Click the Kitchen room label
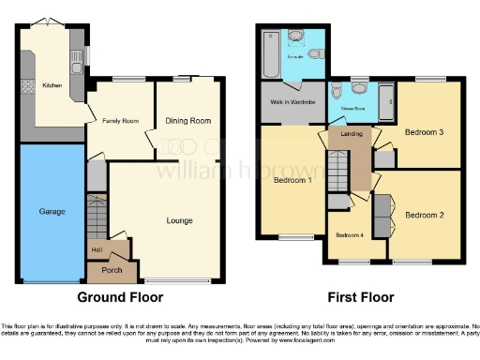pyautogui.click(x=52, y=85)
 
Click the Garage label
pyautogui.click(x=52, y=212)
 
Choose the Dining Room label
pyautogui.click(x=188, y=121)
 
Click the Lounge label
pyautogui.click(x=179, y=221)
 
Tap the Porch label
pyautogui.click(x=111, y=271)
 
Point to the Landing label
pyautogui.click(x=352, y=134)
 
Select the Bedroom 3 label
pyautogui.click(x=424, y=133)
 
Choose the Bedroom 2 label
pyautogui.click(x=424, y=215)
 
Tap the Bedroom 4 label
pyautogui.click(x=350, y=234)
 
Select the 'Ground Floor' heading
pyautogui.click(x=119, y=297)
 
